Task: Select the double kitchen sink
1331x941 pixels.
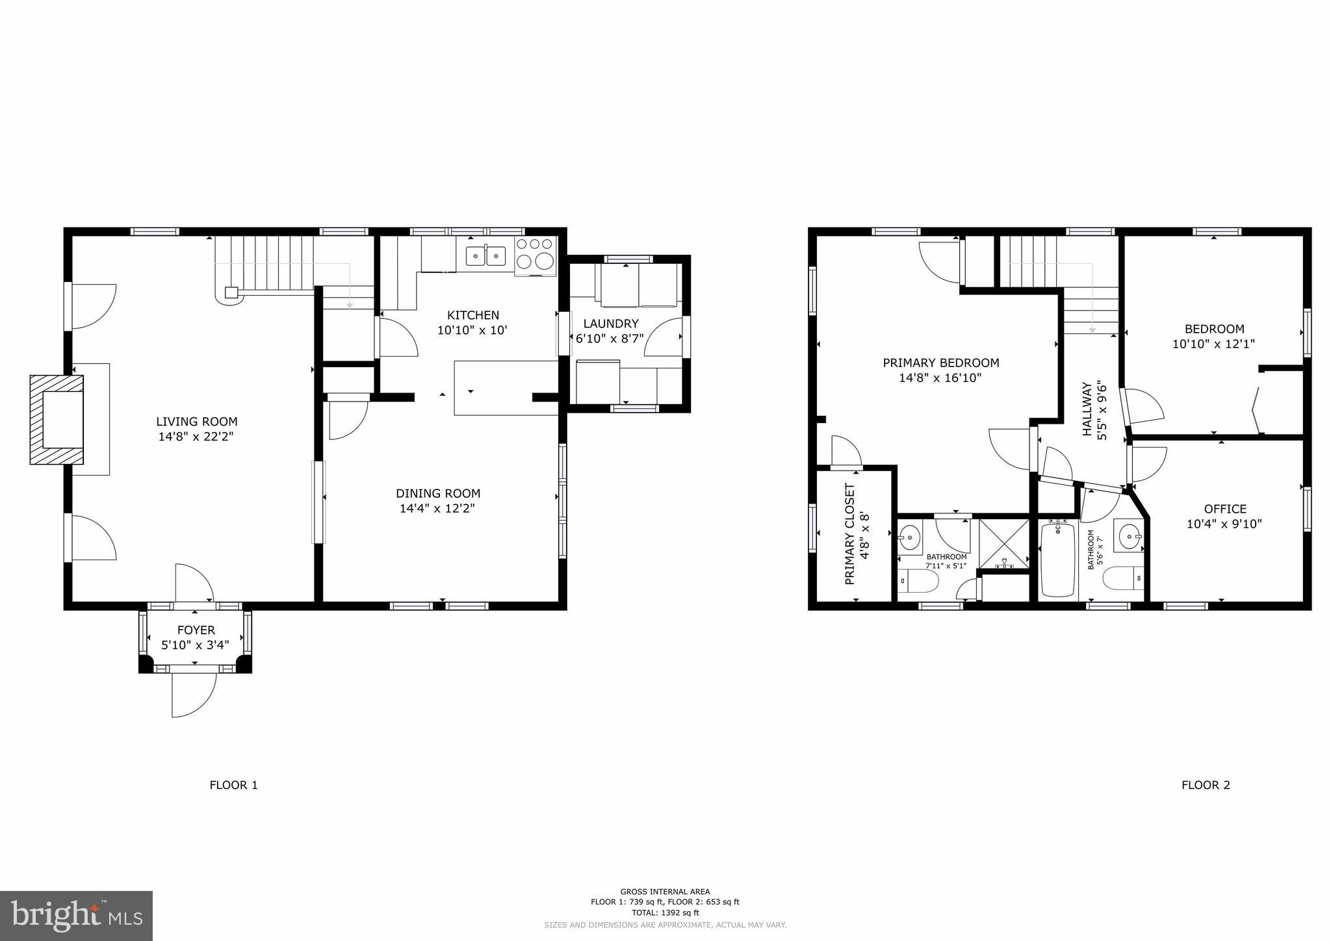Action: [x=486, y=256]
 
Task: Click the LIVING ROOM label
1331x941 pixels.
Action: [x=196, y=422]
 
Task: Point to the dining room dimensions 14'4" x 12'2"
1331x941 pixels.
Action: [x=437, y=508]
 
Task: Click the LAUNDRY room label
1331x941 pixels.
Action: [x=610, y=324]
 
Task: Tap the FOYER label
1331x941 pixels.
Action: [x=196, y=630]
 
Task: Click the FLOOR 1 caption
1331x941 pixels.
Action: [x=233, y=785]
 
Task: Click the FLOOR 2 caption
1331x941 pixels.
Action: [x=1205, y=785]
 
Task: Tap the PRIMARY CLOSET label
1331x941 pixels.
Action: [x=849, y=534]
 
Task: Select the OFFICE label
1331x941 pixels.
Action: [x=1224, y=509]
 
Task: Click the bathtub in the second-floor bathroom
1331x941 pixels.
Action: [x=1057, y=560]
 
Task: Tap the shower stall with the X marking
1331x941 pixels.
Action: [x=1004, y=543]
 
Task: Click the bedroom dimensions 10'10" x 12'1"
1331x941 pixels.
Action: [x=1213, y=344]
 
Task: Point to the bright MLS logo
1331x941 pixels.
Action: [x=76, y=916]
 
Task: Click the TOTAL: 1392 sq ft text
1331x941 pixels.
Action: [x=665, y=913]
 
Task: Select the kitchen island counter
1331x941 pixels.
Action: [x=505, y=388]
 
